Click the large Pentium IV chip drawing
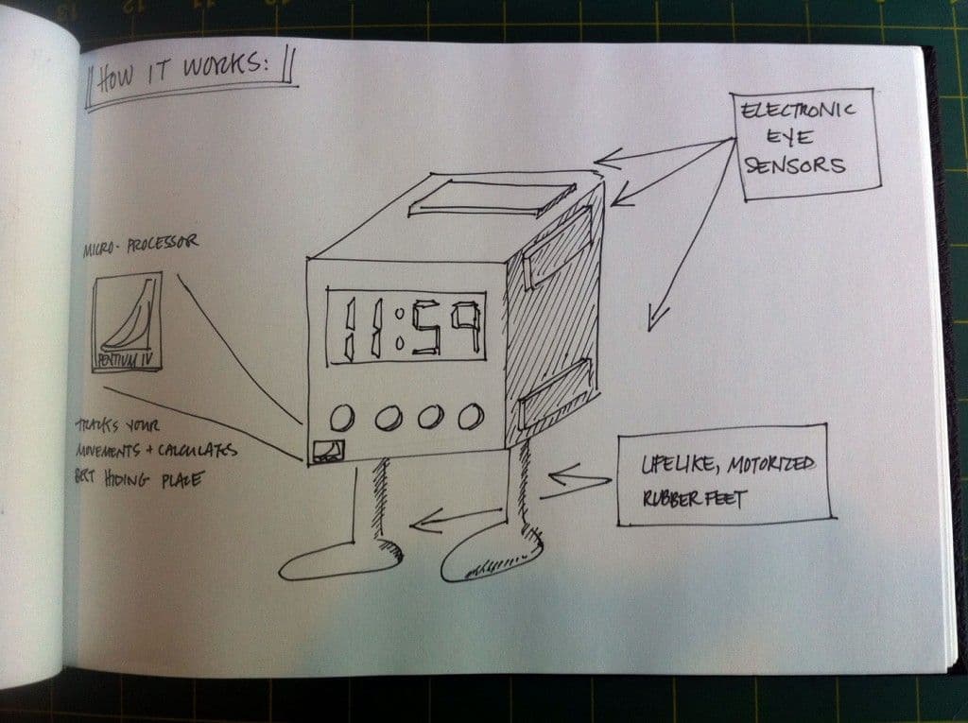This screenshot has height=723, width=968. coord(127,321)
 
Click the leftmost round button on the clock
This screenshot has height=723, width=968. coord(342,416)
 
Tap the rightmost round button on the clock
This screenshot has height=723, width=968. coord(470,415)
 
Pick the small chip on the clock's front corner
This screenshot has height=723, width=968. coord(329,451)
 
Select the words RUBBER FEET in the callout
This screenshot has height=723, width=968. coord(694,497)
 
